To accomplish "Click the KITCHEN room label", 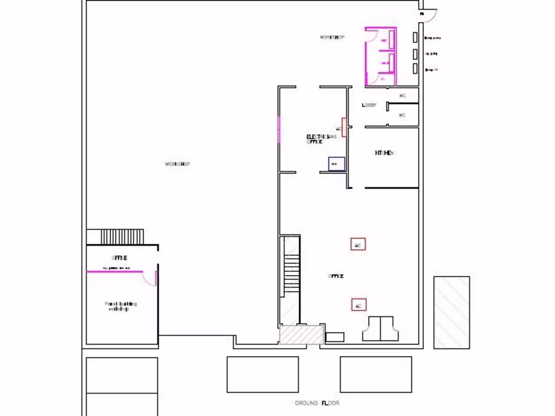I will (x=384, y=153).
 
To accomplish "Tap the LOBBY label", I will (x=369, y=105).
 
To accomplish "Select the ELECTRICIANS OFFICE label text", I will (x=321, y=139).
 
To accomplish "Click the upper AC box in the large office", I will (x=358, y=244).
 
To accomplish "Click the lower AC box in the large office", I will (x=358, y=305).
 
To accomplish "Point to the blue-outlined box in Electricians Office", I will (x=335, y=163).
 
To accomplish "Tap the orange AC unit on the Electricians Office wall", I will (x=344, y=127).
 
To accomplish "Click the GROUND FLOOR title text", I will (x=317, y=403).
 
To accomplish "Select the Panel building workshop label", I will (x=121, y=306).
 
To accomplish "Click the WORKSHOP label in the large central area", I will (x=177, y=164).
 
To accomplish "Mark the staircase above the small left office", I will (x=122, y=237).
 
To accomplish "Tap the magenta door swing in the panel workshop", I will (x=150, y=278).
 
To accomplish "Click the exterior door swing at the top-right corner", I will (x=428, y=16).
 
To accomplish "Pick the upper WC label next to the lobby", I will (x=402, y=96).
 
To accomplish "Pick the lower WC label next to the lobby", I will (x=402, y=115).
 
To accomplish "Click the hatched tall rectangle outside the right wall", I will (x=451, y=312).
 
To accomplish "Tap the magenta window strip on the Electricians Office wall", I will (x=279, y=129).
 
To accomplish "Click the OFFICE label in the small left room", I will (x=119, y=257).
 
